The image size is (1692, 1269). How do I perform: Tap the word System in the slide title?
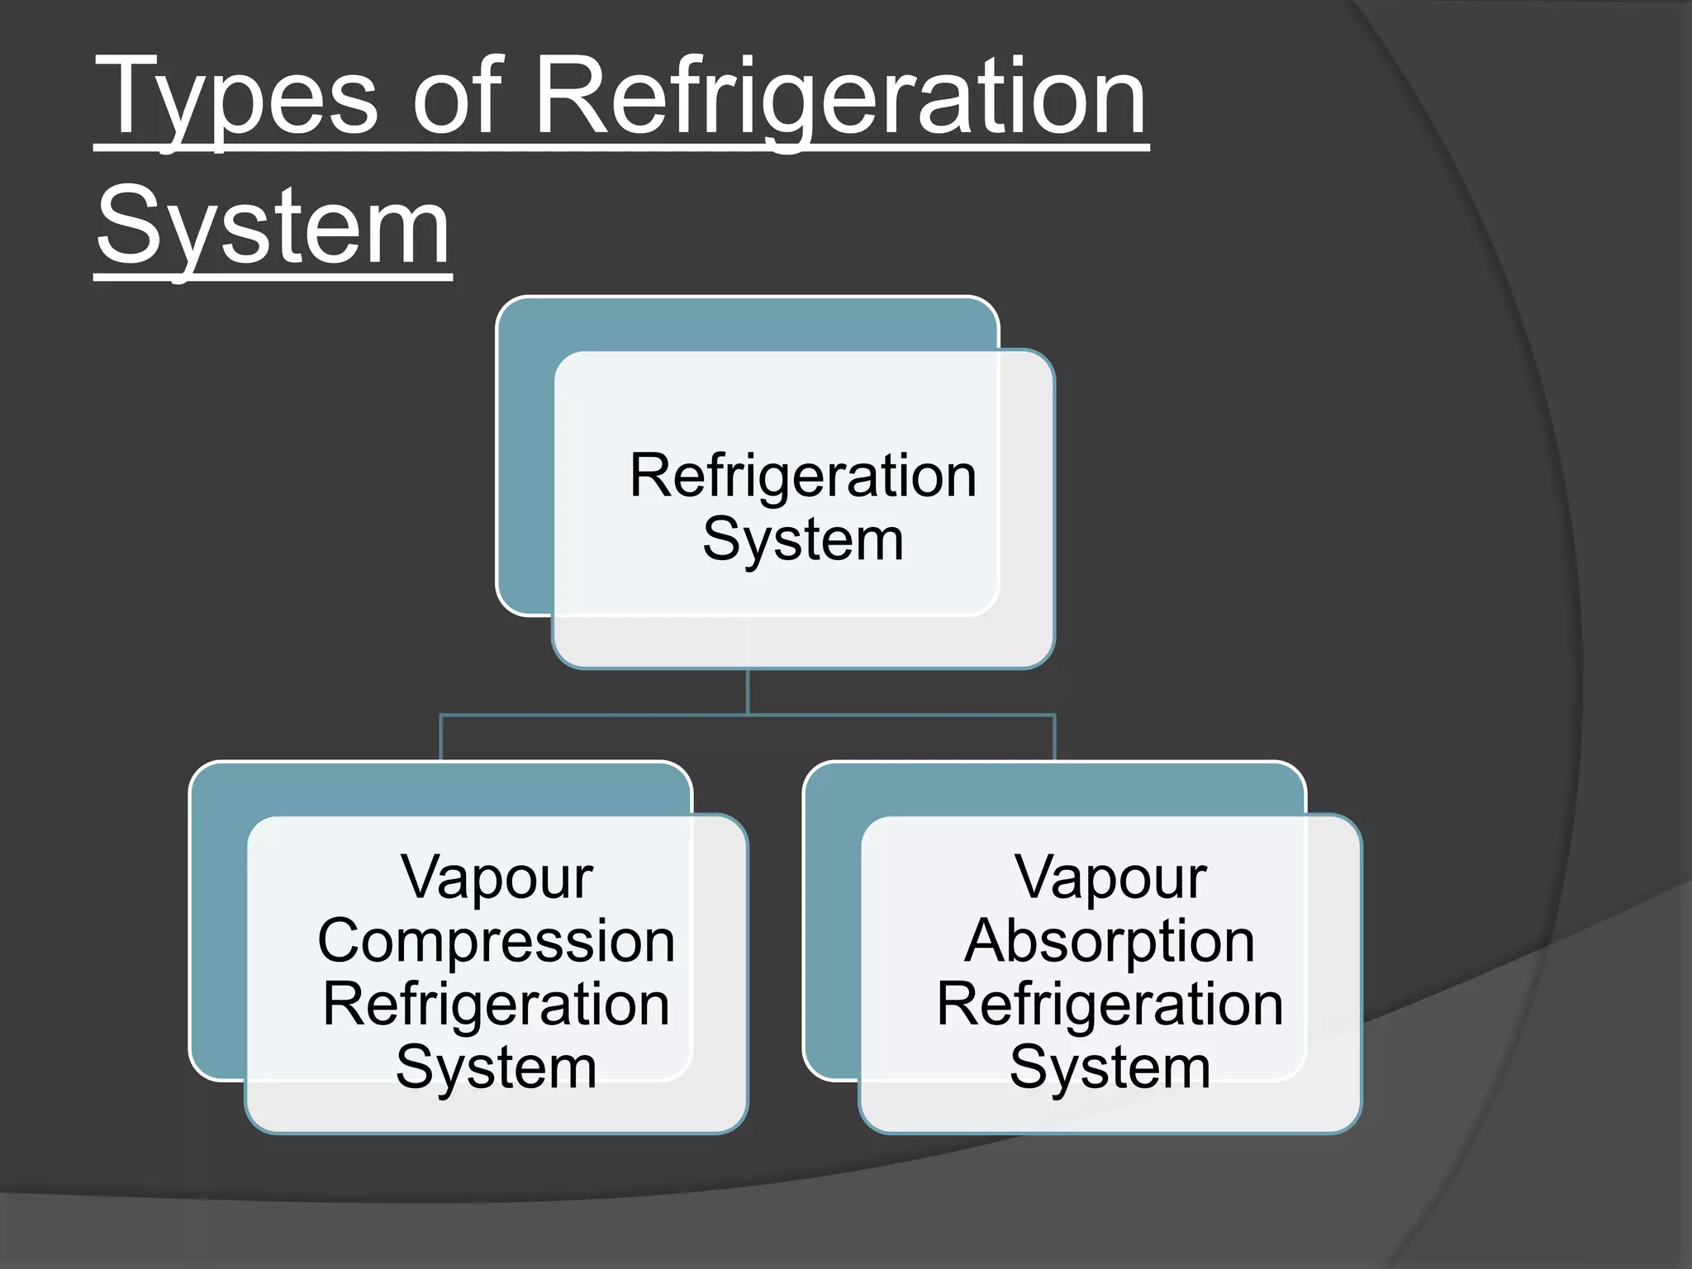273,227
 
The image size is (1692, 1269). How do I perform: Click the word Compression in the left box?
497,942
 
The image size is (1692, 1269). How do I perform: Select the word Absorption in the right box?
1110,942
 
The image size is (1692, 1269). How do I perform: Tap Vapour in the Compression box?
497,877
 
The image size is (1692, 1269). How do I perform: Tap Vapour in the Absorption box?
1110,877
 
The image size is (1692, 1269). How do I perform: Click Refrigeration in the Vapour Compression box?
497,1005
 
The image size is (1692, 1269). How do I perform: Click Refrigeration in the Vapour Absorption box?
1110,1005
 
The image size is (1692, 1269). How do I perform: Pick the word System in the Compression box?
497,1068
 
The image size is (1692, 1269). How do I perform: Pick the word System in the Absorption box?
1110,1068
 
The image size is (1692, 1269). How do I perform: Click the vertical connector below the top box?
748,692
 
